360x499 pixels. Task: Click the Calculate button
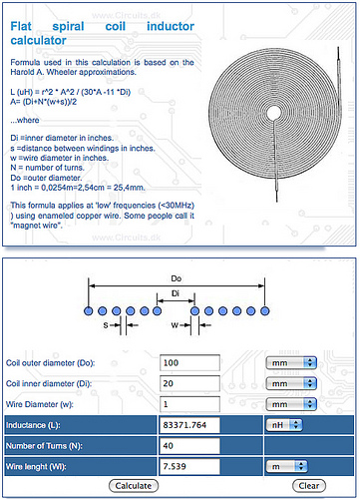134,486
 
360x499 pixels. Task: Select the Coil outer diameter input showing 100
189,362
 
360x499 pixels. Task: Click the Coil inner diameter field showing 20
189,383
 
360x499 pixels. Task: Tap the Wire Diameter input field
189,404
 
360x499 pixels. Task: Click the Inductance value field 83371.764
189,425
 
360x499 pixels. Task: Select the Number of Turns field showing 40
189,446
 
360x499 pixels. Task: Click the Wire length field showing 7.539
189,466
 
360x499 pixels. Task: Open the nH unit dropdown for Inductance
284,425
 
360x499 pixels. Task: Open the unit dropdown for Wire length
287,466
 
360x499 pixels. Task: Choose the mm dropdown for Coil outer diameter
291,362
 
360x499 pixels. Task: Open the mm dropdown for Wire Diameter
291,404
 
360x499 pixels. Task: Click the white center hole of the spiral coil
274,113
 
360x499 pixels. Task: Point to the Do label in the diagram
177,278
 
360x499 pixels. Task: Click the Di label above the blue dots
176,293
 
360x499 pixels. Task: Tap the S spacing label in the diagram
106,325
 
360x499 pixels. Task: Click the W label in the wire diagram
175,325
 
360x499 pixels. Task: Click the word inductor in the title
171,26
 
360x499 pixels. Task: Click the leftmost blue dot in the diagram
89,311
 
